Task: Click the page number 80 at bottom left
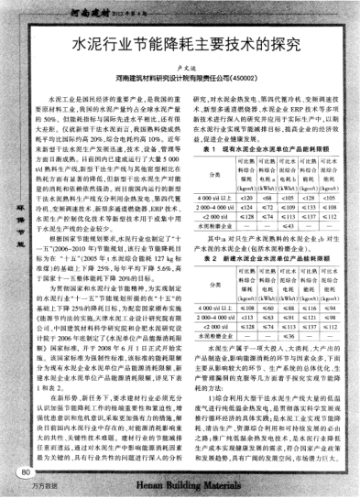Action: coord(21,473)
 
